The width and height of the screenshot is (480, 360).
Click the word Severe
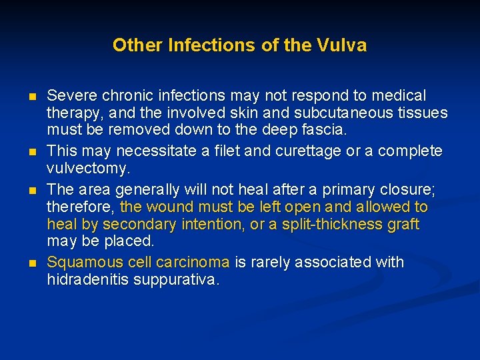pos(70,96)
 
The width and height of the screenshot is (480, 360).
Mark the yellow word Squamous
pos(80,263)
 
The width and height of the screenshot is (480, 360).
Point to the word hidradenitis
pos(87,279)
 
